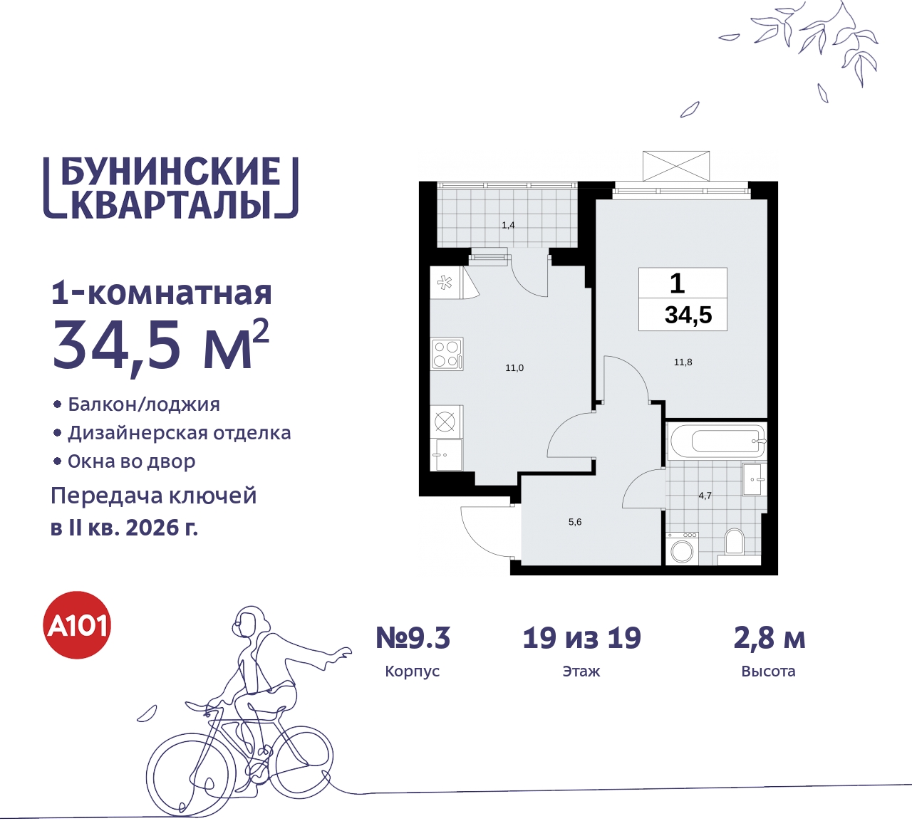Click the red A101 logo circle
point(78,625)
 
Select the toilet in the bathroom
point(733,544)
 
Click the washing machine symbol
point(682,550)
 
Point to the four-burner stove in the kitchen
point(447,354)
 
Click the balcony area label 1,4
point(508,225)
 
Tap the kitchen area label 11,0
point(514,368)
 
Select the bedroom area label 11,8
point(683,362)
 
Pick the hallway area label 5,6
point(575,522)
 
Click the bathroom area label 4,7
point(705,496)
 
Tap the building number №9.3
point(413,638)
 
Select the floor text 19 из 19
point(581,638)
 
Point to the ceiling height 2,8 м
point(769,638)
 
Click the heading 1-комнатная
point(162,293)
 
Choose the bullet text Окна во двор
point(132,461)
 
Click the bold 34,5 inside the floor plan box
point(688,315)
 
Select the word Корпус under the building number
point(412,671)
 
